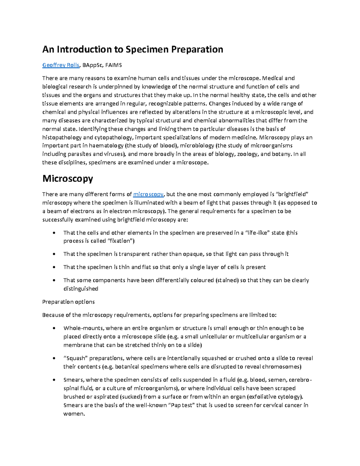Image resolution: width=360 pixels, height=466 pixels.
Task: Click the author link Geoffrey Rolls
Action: click(x=61, y=65)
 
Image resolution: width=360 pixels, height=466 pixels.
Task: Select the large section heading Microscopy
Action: click(x=67, y=179)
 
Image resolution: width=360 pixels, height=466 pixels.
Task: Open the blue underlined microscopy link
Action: click(x=148, y=194)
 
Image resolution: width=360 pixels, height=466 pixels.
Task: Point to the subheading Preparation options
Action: click(x=68, y=302)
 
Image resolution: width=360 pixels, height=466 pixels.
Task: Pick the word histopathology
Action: click(x=62, y=137)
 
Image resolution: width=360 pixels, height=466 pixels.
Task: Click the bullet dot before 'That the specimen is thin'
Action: click(x=54, y=267)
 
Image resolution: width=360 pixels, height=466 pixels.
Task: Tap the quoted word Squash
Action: click(x=75, y=358)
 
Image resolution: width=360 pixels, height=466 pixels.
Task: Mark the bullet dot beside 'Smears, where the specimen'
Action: click(x=54, y=380)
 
